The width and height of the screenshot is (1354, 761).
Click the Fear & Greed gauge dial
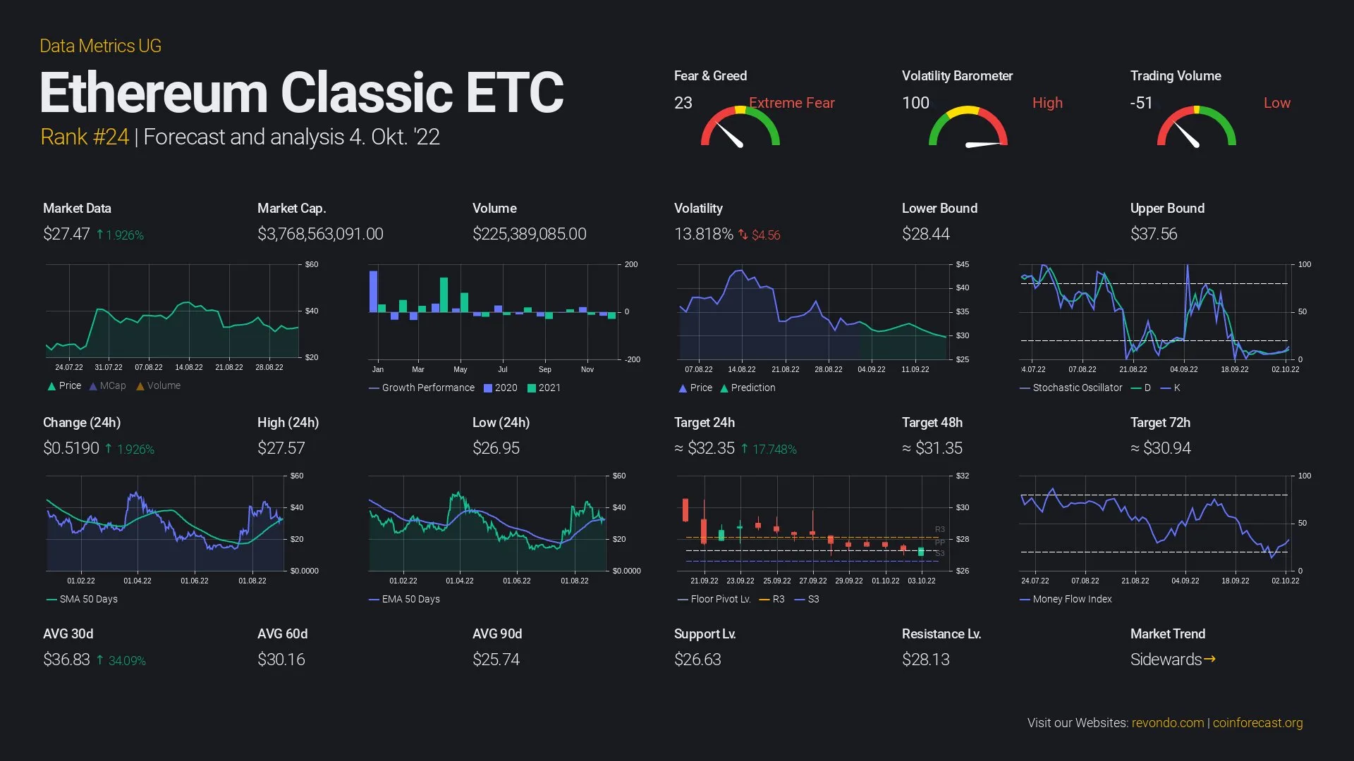[x=740, y=127]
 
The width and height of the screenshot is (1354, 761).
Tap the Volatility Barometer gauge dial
[x=968, y=127]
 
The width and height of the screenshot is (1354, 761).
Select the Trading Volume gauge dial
[x=1196, y=127]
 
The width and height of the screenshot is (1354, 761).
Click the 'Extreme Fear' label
[x=791, y=103]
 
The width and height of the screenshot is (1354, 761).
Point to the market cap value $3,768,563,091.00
[x=320, y=234]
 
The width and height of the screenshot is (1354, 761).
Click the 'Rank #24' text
[x=85, y=137]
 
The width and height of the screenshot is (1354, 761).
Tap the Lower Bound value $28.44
[x=925, y=234]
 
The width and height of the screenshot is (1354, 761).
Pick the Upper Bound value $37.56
[x=1154, y=234]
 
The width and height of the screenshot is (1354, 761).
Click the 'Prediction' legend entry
[x=752, y=388]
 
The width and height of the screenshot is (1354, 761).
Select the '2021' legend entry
[x=549, y=388]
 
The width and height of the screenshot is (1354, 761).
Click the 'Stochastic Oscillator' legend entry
[x=1077, y=388]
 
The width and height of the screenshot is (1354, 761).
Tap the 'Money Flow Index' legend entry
[x=1072, y=599]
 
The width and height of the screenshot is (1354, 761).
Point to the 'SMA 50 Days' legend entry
[x=88, y=599]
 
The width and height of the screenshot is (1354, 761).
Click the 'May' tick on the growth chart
[x=461, y=369]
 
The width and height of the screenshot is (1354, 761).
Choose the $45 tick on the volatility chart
[x=962, y=265]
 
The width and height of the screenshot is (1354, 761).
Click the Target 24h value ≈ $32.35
[x=710, y=448]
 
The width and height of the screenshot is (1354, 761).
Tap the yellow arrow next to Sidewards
[x=1209, y=660]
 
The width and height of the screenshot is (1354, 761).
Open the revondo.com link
[x=1168, y=723]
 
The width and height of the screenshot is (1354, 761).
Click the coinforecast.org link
[x=1257, y=723]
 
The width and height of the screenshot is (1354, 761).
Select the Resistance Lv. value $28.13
[x=925, y=660]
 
